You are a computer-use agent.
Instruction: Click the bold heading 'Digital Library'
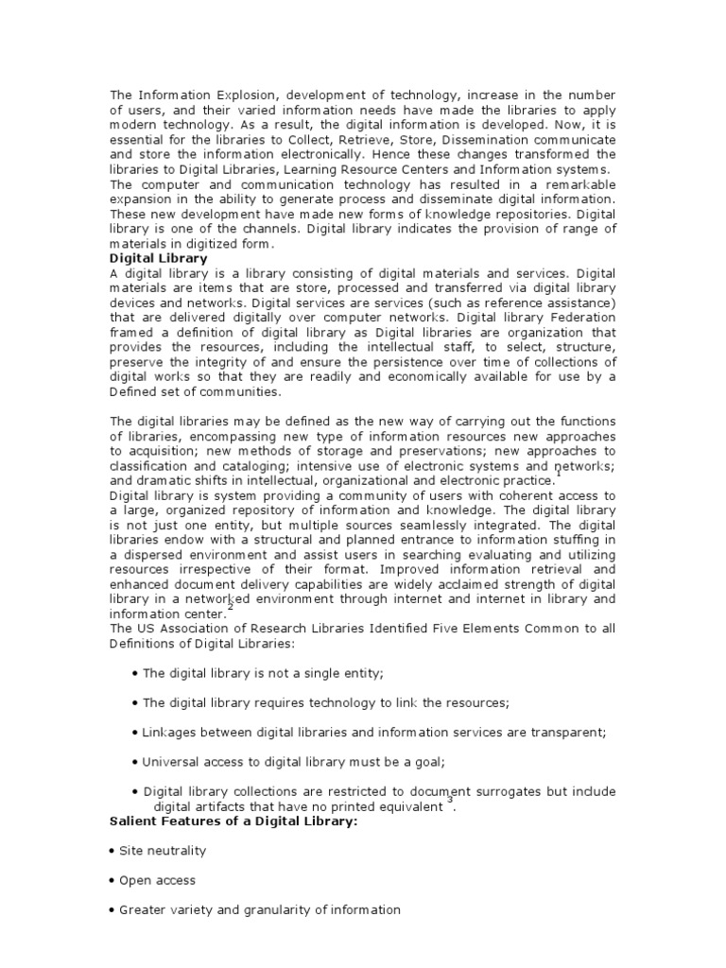tap(158, 258)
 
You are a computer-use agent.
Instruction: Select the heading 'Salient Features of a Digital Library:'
tap(233, 822)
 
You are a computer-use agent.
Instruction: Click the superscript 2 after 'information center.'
tap(229, 608)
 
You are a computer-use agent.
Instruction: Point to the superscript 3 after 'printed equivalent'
tap(451, 801)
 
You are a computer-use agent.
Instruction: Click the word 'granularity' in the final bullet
tap(264, 909)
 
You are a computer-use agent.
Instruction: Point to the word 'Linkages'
tap(168, 732)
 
